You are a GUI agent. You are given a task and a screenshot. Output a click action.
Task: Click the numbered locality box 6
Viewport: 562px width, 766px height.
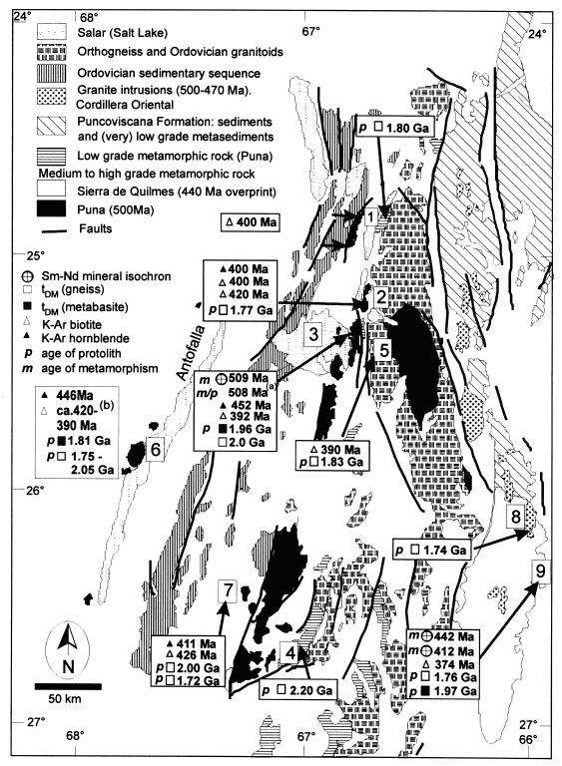[x=155, y=449]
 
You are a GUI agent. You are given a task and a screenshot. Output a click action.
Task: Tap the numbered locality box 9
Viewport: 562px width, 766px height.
[x=540, y=571]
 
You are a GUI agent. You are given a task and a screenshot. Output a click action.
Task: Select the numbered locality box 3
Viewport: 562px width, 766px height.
[x=313, y=334]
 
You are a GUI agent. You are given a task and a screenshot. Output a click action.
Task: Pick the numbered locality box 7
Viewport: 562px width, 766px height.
[x=228, y=590]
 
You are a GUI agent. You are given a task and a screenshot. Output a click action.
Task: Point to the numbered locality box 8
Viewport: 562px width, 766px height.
[x=516, y=516]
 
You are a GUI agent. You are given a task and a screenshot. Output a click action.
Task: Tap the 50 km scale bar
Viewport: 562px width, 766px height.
[x=68, y=686]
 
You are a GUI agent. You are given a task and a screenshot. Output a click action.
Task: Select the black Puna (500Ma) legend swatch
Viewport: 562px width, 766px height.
[x=51, y=209]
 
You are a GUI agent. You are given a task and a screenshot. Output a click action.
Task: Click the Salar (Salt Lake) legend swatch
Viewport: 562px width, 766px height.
[x=51, y=32]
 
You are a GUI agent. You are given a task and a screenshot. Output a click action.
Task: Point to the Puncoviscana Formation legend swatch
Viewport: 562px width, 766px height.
[x=51, y=126]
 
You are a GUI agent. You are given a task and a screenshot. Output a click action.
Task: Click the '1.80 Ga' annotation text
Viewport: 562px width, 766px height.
[x=407, y=128]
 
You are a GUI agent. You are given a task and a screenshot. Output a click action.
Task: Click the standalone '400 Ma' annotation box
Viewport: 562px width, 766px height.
[x=250, y=222]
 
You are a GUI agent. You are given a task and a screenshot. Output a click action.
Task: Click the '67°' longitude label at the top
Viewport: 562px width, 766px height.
[x=310, y=32]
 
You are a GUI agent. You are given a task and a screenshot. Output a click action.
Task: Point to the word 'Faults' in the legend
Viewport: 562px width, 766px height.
[x=96, y=228]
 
